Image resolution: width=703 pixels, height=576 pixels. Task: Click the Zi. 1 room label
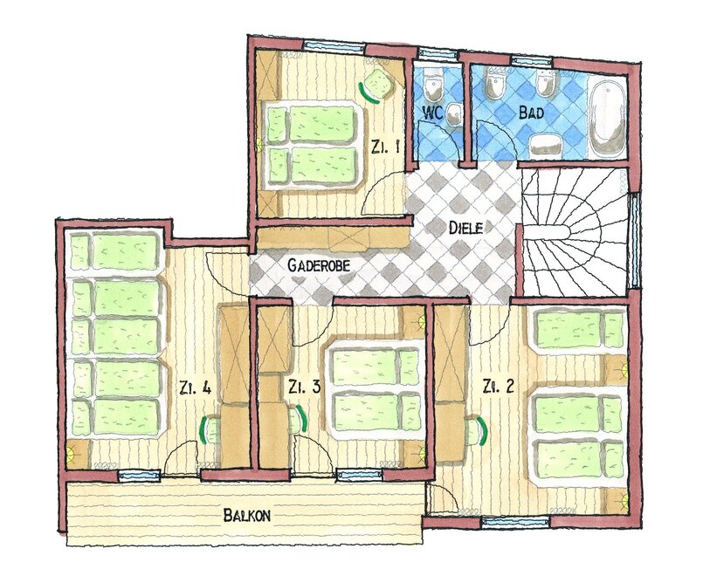pos(385,147)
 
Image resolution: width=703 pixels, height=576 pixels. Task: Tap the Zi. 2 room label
pos(498,386)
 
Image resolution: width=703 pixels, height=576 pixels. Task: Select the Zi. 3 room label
pos(305,387)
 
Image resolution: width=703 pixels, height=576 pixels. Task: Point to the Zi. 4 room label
pos(195,387)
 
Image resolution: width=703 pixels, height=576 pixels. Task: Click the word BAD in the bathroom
pos(531,112)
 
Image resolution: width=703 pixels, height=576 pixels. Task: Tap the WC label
pos(433,113)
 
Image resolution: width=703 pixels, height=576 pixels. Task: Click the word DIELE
pos(466,228)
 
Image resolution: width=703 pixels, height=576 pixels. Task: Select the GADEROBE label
pos(319,265)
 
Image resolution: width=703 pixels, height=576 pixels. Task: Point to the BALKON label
pos(247,516)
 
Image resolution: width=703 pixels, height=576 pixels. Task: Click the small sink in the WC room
pos(455,114)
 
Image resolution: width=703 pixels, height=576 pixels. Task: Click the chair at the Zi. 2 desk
pos(475,431)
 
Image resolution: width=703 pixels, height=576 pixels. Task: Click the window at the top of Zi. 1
pos(334,46)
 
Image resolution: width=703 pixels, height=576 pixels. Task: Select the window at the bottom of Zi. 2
pos(515,522)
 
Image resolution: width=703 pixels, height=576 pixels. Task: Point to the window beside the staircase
pos(634,240)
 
